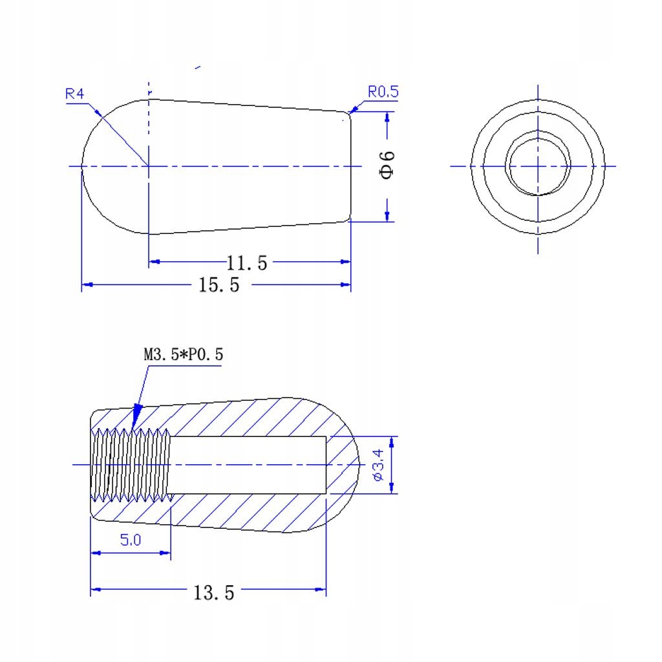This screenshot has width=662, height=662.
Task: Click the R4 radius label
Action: (75, 94)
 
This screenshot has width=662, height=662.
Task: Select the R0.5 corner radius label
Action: (383, 92)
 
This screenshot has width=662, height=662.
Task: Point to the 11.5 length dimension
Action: (246, 262)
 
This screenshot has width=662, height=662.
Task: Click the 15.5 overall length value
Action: (218, 284)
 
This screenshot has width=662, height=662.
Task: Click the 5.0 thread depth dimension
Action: (130, 540)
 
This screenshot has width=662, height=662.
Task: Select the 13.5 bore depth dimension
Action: (213, 592)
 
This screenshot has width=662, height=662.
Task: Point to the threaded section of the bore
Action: (131, 464)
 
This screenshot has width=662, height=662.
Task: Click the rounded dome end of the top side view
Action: (97, 166)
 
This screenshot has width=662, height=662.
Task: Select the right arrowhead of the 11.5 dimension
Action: (345, 262)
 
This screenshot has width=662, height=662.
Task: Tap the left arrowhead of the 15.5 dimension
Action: (87, 284)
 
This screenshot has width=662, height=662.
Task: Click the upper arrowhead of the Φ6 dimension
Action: (387, 117)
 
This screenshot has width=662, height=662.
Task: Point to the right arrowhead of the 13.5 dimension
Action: (320, 589)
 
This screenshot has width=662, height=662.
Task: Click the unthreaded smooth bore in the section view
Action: (249, 464)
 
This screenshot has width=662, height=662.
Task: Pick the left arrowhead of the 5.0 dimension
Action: (96, 553)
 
